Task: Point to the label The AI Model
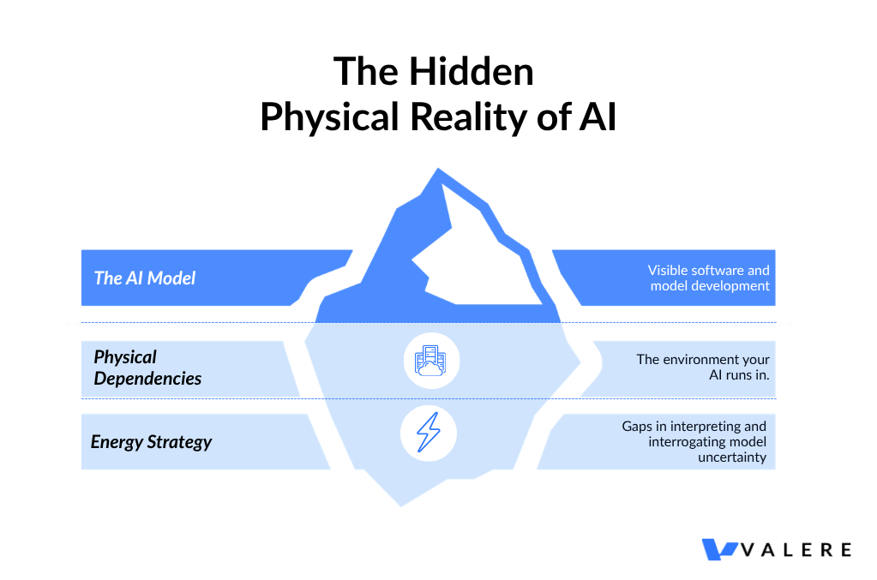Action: point(145,278)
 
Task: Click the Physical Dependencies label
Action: point(147,368)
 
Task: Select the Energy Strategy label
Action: point(151,442)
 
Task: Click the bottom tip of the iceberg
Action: point(401,504)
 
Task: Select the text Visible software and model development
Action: point(708,278)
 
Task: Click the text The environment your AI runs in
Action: point(702,368)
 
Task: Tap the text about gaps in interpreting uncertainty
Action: point(694,442)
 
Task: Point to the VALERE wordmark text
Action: point(797,549)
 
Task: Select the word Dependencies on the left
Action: point(147,379)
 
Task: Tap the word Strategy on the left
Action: point(179,442)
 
